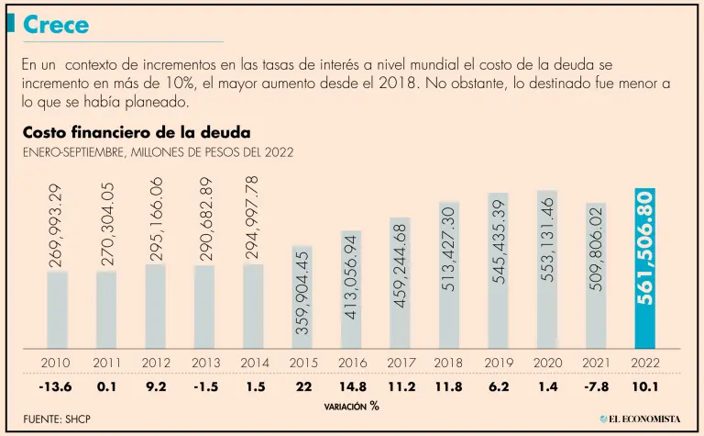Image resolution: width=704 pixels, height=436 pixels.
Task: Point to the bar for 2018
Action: click(x=449, y=274)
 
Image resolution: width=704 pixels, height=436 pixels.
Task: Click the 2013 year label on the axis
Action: click(x=205, y=363)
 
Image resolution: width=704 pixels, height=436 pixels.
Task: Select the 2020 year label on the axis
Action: click(x=547, y=363)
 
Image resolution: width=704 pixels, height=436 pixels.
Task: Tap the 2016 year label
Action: click(x=352, y=363)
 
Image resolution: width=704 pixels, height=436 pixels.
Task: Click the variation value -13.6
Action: click(x=58, y=386)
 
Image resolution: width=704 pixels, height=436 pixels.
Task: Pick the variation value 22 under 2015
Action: click(x=303, y=386)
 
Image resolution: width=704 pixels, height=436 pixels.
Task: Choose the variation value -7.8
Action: click(x=596, y=386)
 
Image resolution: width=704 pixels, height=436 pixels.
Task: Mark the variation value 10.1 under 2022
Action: click(x=645, y=386)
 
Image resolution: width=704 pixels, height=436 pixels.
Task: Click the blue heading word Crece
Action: click(x=56, y=26)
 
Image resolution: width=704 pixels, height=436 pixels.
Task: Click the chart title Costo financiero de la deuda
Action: click(x=137, y=133)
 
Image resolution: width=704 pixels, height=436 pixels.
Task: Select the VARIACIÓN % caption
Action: click(x=350, y=405)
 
